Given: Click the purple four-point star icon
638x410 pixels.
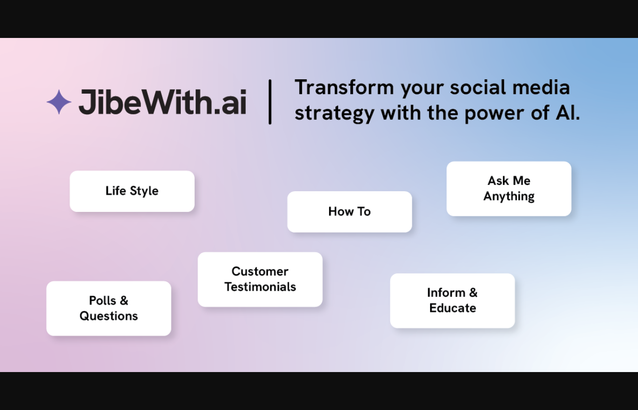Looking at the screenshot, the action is click(x=59, y=102).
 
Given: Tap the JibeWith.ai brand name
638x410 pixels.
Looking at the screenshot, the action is click(x=163, y=102).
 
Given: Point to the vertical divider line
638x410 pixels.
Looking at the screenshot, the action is click(x=270, y=102).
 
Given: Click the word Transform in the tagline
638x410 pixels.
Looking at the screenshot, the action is click(x=344, y=87).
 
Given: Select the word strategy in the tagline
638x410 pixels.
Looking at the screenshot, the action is click(x=335, y=114).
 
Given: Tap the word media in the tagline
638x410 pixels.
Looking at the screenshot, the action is click(x=541, y=87).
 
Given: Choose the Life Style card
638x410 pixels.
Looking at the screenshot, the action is click(x=132, y=191).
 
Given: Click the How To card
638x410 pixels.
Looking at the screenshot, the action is click(x=349, y=212).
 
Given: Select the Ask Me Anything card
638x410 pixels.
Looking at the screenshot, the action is click(x=509, y=189).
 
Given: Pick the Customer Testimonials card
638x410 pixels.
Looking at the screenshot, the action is click(x=260, y=279).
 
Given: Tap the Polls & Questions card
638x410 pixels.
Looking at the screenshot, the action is click(x=109, y=308).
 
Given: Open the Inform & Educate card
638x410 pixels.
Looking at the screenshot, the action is click(x=452, y=301).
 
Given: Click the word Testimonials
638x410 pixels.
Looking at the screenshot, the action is click(x=260, y=287).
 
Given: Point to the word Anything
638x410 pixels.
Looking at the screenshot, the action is click(x=509, y=197).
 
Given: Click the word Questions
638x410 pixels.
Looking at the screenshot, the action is click(x=109, y=316).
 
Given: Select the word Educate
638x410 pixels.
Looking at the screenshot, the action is click(x=453, y=308).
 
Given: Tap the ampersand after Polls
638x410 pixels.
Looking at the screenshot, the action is click(x=124, y=301).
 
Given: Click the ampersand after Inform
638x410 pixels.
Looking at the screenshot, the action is click(x=473, y=293).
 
